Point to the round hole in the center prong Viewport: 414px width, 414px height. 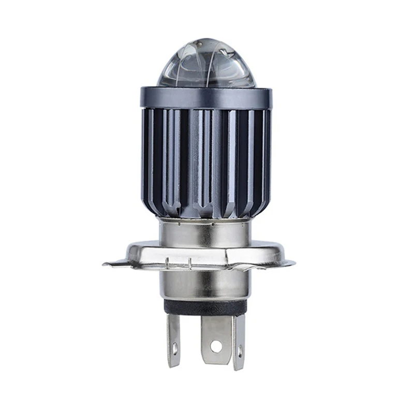215,344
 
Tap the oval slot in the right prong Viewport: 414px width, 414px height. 239,352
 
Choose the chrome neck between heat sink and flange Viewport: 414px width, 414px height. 205,231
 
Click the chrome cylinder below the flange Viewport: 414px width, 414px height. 205,285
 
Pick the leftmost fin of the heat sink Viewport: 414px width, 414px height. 146,155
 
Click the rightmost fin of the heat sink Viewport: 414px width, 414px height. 267,155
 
